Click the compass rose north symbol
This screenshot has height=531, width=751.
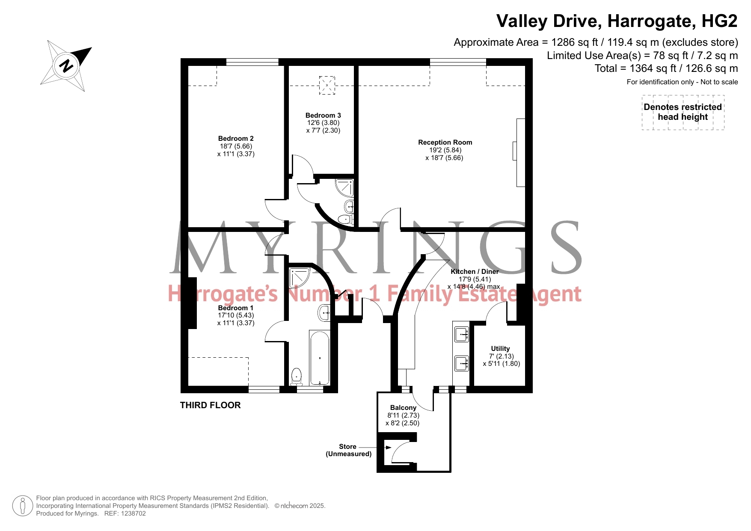click(x=66, y=66)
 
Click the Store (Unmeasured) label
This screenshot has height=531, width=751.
click(x=349, y=450)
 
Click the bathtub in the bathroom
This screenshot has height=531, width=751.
click(x=319, y=358)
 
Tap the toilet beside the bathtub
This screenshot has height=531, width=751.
click(x=296, y=377)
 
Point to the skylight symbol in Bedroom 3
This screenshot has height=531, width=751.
click(x=327, y=85)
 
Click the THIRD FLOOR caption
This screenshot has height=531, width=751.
click(x=210, y=405)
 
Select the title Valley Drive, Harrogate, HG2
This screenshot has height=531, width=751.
click(x=617, y=21)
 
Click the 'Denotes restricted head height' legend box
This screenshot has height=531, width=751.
click(x=683, y=112)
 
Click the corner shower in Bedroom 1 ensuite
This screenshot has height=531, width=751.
click(x=300, y=277)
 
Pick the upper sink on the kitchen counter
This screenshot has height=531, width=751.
click(x=461, y=334)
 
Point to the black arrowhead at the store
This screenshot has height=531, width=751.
click(x=389, y=448)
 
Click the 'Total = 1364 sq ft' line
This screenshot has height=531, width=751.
click(x=666, y=68)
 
